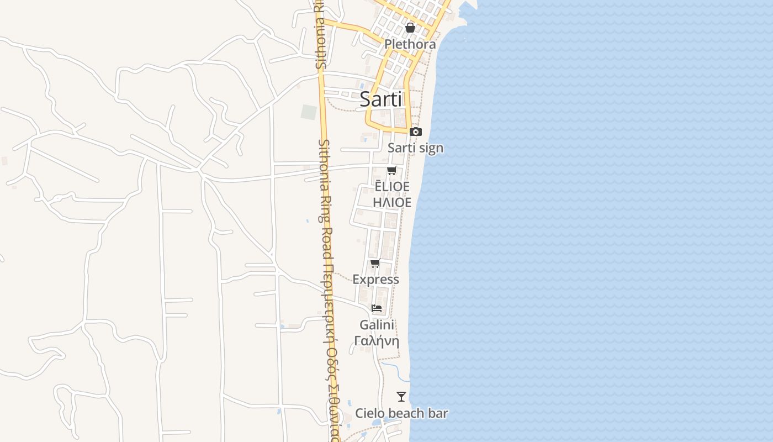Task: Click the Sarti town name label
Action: (381, 99)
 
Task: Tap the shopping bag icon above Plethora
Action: (410, 27)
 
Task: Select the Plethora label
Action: (410, 44)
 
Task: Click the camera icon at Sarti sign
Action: (416, 131)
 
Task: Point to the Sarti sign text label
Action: (415, 148)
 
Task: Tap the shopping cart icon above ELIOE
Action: (392, 170)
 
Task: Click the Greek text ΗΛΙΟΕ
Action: (392, 203)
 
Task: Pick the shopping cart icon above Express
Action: (375, 263)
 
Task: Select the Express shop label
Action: (375, 280)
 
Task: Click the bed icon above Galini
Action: (377, 308)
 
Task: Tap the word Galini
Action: (377, 325)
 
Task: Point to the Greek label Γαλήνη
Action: (377, 340)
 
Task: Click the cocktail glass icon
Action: (401, 396)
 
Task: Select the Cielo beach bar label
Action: (401, 413)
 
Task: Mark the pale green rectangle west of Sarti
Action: (309, 112)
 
